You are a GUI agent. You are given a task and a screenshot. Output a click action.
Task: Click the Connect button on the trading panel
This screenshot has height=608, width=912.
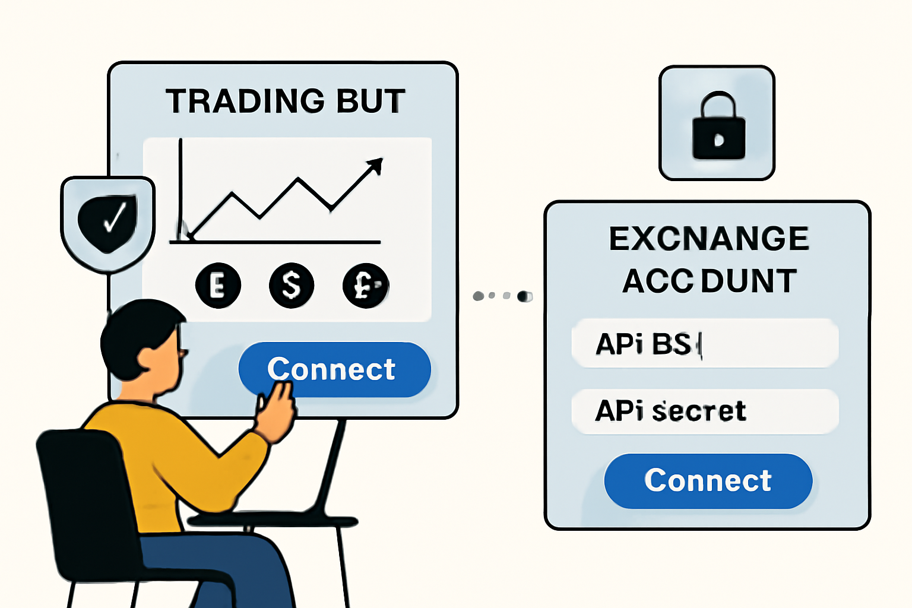pos(334,369)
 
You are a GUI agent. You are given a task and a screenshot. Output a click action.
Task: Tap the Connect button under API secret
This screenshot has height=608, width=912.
pos(708,480)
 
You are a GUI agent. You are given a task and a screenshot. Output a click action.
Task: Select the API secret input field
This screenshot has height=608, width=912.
pos(705,411)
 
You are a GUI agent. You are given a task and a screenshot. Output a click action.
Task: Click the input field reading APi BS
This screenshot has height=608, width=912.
pos(705,343)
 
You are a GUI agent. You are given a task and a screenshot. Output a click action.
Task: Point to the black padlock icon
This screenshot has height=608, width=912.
pos(718,128)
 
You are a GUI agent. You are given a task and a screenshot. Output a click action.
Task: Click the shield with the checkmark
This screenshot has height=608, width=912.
pos(108,222)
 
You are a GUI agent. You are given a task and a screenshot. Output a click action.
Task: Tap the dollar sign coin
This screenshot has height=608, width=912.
pos(292,286)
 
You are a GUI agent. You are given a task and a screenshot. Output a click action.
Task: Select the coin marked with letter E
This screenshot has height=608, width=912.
pos(218,286)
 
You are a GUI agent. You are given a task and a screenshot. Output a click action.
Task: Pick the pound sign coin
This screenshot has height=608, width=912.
pos(365,286)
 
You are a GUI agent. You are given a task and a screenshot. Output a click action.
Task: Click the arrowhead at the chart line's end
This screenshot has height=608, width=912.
pos(375,166)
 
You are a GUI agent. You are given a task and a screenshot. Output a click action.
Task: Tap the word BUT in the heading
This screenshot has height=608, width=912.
pos(370,101)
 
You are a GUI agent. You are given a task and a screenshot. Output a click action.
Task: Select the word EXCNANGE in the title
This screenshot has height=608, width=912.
pos(709,239)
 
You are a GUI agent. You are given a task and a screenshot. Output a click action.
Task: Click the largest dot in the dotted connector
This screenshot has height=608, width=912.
pos(524,296)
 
